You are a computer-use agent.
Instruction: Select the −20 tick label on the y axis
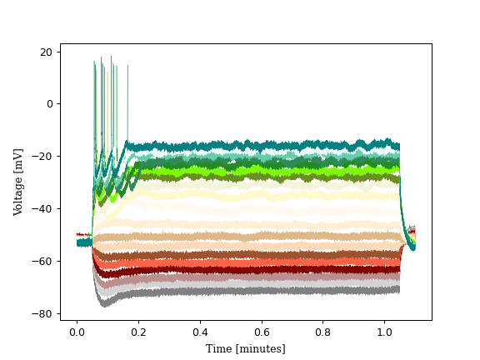[x=43, y=157]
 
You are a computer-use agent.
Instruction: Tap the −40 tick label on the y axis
[x=43, y=209]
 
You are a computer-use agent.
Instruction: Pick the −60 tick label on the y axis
[x=43, y=262]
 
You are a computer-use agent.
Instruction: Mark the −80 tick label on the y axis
[x=43, y=314]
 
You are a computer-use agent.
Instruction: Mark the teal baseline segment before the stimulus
[x=84, y=242]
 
